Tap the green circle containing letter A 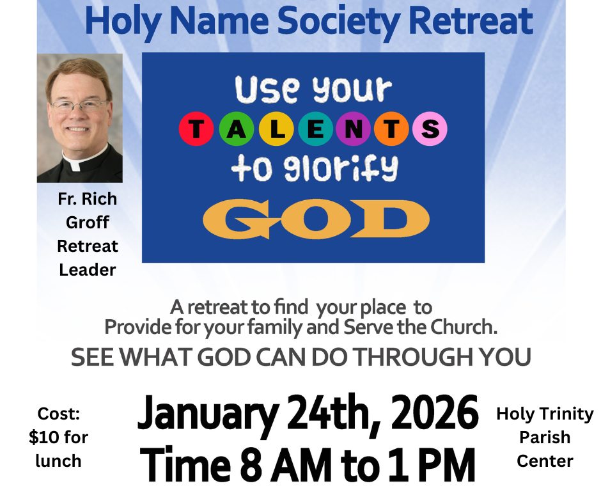pyautogui.click(x=235, y=130)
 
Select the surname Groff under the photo pyautogui.click(x=87, y=223)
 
